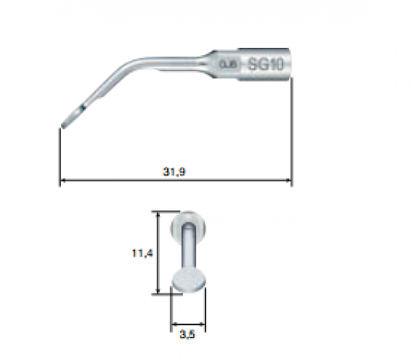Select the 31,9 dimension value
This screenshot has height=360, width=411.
click(175, 172)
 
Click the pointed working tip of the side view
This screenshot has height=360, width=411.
click(63, 125)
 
